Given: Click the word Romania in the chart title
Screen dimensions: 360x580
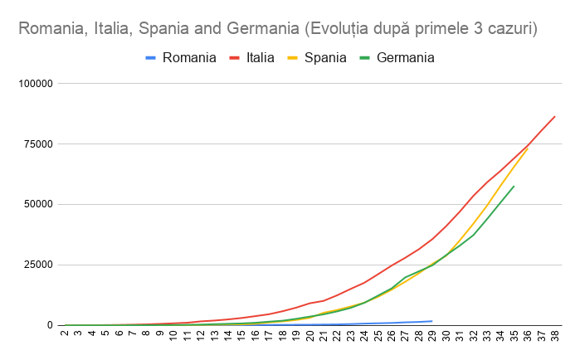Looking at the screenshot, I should tap(49, 30).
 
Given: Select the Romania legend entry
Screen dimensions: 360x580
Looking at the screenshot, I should tap(189, 57).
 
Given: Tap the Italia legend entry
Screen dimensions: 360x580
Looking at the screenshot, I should tap(261, 57).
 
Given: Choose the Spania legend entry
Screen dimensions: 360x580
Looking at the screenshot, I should tap(325, 57).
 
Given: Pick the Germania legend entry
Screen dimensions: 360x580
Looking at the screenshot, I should tap(405, 57).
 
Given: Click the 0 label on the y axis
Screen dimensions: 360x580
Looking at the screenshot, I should tap(50, 325).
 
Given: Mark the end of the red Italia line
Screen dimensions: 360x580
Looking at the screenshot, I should tap(554, 116).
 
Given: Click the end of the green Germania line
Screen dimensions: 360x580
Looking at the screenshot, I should tap(514, 186).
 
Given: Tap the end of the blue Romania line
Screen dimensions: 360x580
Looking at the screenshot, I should tap(431, 321).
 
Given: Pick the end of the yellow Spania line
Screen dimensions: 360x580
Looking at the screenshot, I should tap(527, 148).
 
